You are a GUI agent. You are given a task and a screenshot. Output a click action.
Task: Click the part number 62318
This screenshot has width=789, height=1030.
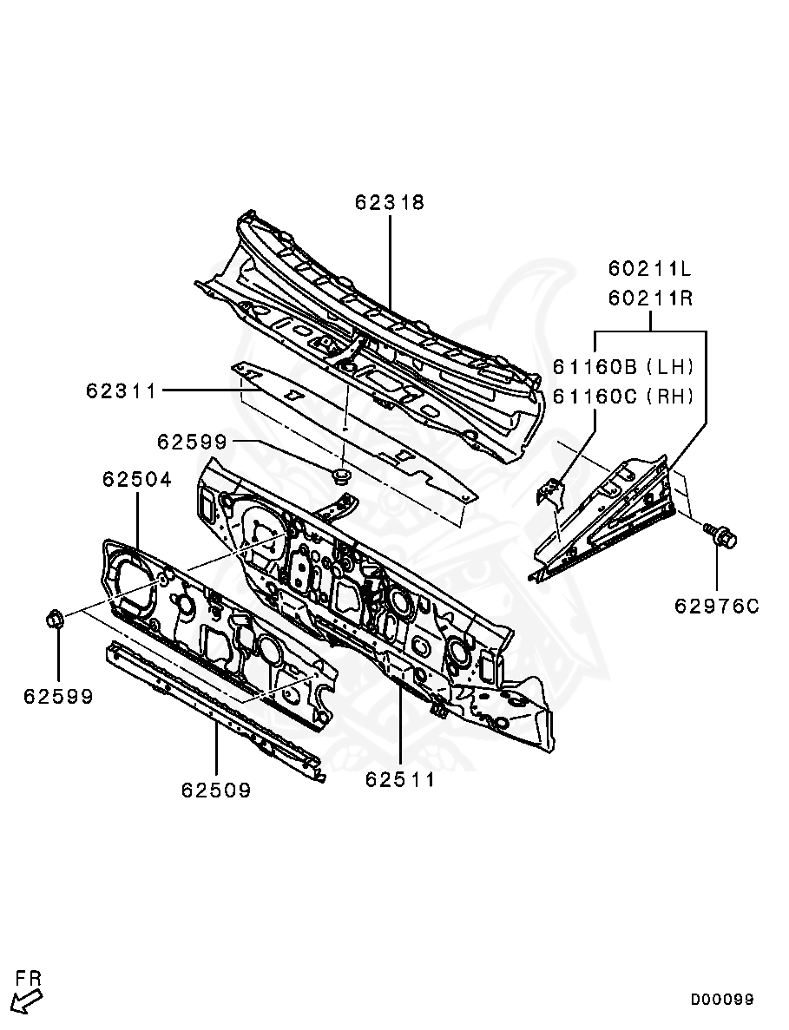(x=389, y=202)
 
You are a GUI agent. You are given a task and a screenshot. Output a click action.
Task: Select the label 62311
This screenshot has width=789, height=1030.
(x=121, y=391)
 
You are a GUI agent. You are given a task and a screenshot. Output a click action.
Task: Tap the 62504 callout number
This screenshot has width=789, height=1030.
(x=137, y=479)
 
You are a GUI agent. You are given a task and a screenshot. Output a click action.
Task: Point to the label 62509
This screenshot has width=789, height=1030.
(x=216, y=791)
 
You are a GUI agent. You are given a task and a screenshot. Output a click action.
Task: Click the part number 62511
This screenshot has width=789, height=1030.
(x=400, y=780)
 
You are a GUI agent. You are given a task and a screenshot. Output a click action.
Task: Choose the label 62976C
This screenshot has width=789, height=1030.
(x=716, y=606)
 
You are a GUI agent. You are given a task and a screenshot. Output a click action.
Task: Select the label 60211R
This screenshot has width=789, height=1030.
(x=649, y=299)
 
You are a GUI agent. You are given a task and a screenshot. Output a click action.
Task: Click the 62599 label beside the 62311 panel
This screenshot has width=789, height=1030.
(x=192, y=442)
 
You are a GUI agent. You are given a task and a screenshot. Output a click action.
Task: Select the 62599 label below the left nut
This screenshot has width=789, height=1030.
(x=58, y=696)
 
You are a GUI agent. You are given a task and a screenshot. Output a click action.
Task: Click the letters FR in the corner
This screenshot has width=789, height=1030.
(x=29, y=979)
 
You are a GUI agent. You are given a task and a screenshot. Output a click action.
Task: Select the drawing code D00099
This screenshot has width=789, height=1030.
(x=722, y=1000)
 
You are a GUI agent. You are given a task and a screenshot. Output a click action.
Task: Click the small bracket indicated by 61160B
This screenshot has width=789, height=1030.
(x=549, y=493)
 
